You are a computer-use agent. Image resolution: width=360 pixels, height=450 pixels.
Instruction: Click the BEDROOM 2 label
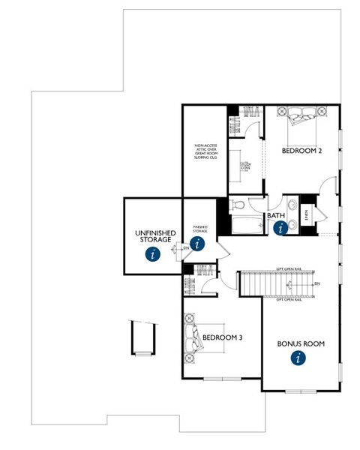click(301, 150)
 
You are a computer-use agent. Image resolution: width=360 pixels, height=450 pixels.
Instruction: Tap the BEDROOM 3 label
click(222, 337)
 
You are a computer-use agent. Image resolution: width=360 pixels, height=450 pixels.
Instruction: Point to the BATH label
click(276, 216)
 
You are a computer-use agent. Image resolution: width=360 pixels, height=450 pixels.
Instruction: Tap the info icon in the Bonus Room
click(299, 358)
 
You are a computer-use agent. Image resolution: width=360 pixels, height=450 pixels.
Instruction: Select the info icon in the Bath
click(282, 228)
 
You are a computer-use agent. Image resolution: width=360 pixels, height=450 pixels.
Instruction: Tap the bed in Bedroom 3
click(193, 337)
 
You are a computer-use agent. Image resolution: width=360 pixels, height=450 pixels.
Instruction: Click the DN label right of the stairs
click(317, 283)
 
